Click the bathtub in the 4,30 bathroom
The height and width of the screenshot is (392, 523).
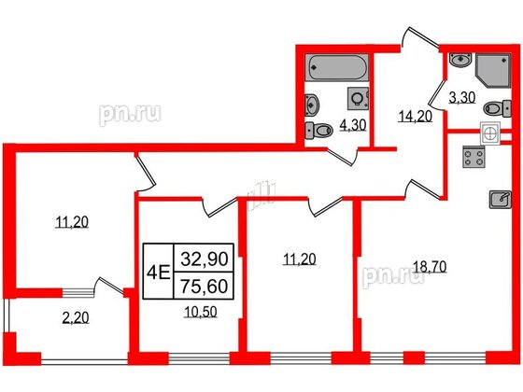tap(337, 68)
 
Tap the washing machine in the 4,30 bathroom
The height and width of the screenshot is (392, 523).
tap(358, 97)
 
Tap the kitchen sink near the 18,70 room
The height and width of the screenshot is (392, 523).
tap(499, 198)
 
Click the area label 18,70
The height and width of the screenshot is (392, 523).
tap(430, 266)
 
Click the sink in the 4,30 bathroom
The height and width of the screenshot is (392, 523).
tap(313, 104)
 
